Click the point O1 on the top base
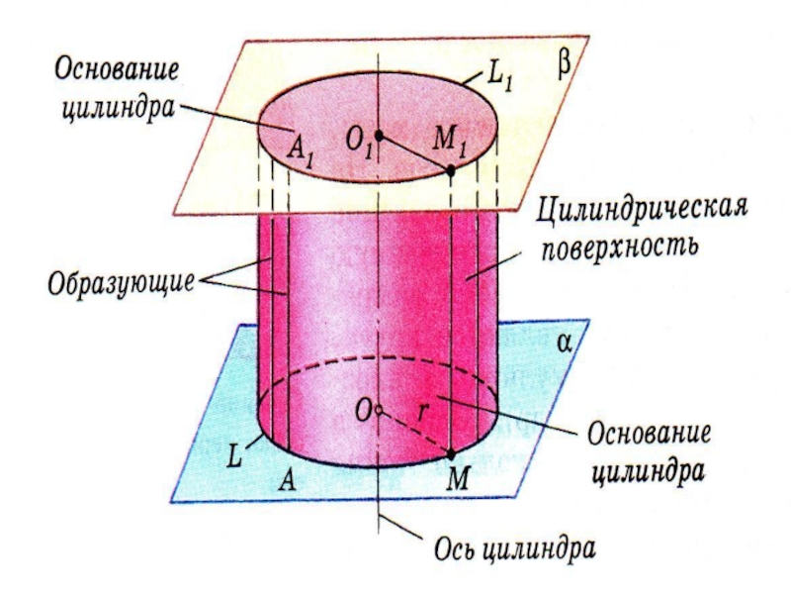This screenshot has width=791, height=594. tap(379, 135)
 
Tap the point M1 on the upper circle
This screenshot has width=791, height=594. tap(451, 170)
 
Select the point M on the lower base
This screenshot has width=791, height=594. tap(451, 454)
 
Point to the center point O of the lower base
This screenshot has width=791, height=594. tap(379, 409)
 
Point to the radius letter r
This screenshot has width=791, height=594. tap(423, 416)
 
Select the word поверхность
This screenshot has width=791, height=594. tap(619, 245)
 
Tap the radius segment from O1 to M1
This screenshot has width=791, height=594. tap(415, 152)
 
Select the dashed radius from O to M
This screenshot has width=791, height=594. tap(415, 432)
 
